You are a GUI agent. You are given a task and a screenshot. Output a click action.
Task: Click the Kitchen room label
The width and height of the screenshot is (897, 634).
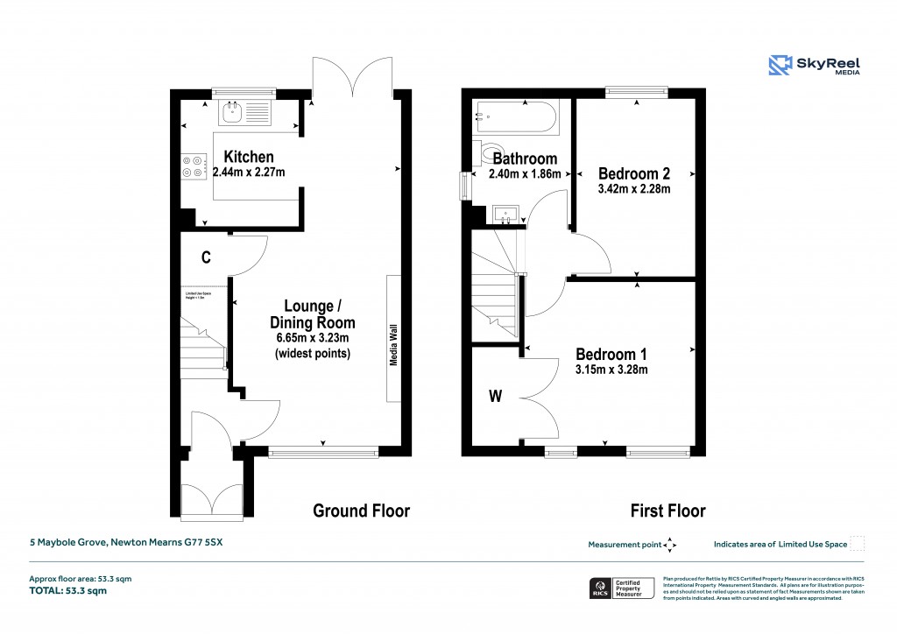248,157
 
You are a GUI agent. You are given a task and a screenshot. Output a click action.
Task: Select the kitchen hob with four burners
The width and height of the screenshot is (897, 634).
194,166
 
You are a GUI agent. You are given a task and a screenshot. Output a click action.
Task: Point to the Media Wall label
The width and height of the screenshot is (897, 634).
394,340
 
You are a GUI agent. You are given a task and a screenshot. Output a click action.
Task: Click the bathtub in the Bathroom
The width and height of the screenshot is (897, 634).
515,117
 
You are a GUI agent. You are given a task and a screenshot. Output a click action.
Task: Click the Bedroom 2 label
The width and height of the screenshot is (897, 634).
634,173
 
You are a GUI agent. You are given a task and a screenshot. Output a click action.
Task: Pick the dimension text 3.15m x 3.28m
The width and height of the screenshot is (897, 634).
611,370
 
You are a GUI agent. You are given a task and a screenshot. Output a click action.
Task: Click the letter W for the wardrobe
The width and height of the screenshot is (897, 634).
495,397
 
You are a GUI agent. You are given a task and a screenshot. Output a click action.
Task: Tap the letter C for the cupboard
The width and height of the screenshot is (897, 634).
206,257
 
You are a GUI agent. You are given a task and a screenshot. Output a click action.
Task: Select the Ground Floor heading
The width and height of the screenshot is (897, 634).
361,511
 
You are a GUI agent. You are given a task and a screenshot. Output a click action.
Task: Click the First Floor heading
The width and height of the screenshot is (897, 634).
667,511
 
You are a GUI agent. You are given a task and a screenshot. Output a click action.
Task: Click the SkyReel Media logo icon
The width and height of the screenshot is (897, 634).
780,66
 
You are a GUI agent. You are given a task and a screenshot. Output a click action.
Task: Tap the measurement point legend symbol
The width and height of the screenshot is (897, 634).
670,545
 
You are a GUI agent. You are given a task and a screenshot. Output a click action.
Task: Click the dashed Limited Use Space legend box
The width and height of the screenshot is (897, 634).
858,544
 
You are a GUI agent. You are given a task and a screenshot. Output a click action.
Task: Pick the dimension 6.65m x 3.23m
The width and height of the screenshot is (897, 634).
313,338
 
